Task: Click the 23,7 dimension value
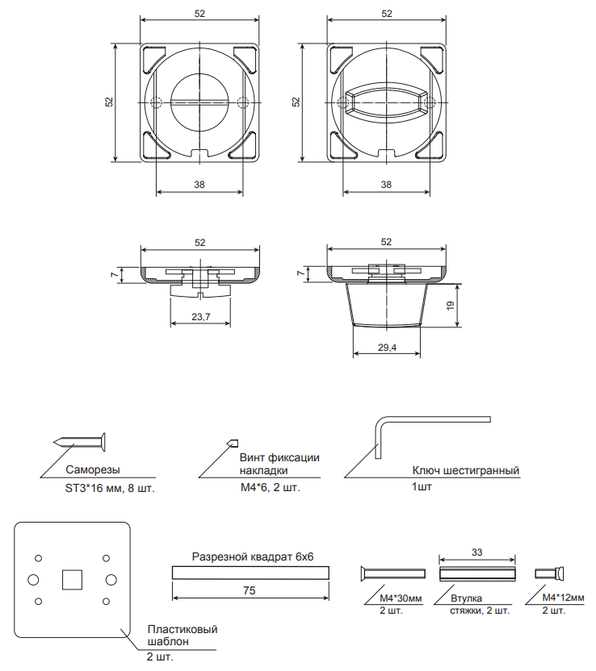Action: coord(201,317)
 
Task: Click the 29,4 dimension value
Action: coord(387,348)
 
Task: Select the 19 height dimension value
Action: coord(450,306)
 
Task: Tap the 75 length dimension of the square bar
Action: coord(249,590)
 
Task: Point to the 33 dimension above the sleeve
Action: coord(477,552)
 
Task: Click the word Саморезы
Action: coord(93,469)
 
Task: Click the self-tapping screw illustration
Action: coord(80,441)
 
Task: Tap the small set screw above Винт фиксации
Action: coord(233,444)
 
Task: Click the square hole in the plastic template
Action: coord(72,579)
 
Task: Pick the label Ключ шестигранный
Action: coord(466,470)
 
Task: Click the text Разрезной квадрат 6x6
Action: coord(253,556)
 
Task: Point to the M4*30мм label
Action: coord(401,598)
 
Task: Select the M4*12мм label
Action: coord(563,598)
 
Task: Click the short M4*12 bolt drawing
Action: coord(549,573)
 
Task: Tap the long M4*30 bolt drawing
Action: coord(393,573)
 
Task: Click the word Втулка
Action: coord(466,598)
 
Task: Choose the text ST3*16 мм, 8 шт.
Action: coord(110,488)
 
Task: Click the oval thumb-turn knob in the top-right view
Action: coord(387,102)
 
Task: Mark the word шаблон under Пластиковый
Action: coord(168,641)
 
